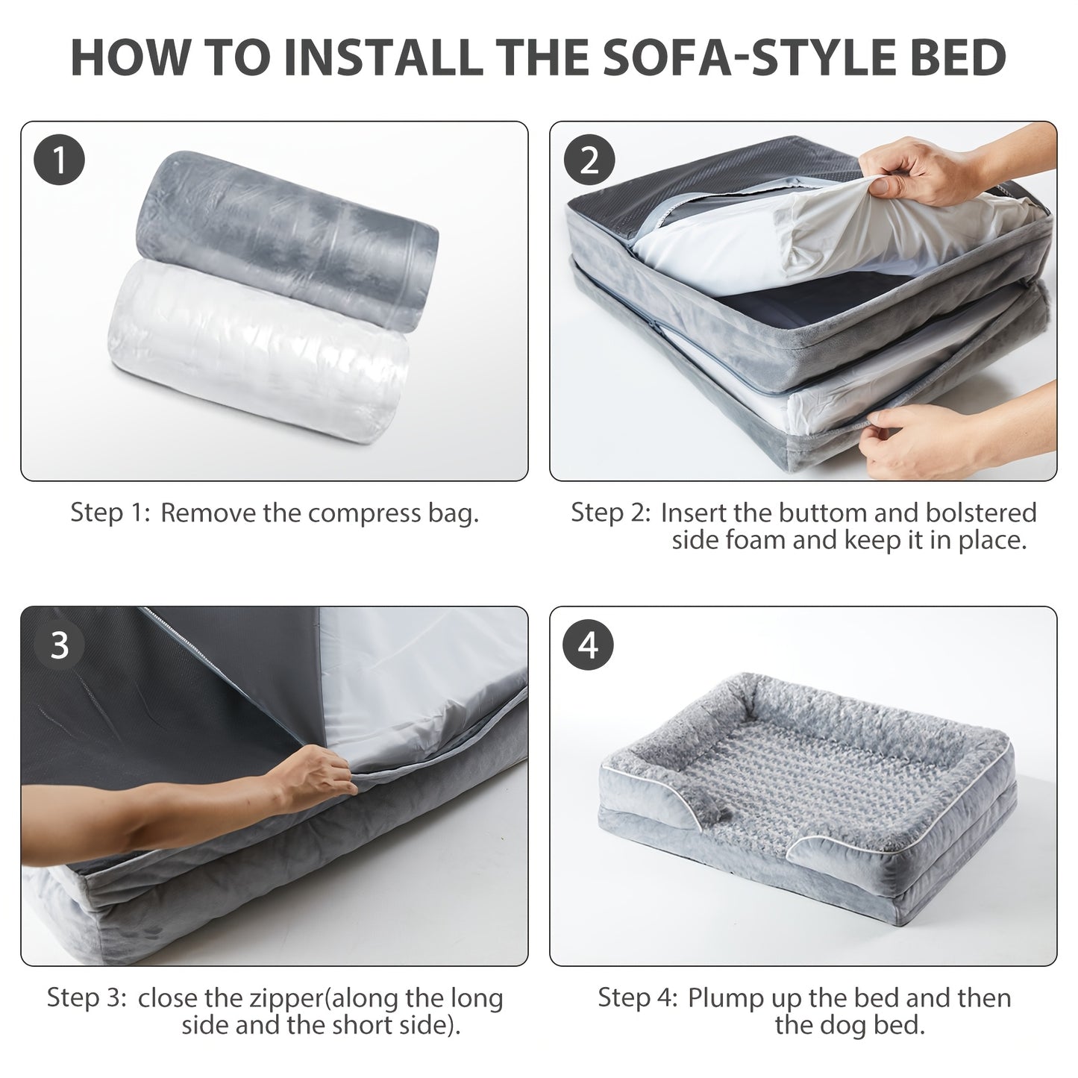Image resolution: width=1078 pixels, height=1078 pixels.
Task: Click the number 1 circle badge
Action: [59, 160]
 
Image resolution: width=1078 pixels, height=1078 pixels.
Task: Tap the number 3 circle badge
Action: [59, 645]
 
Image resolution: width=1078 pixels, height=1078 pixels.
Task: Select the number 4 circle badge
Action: [589, 645]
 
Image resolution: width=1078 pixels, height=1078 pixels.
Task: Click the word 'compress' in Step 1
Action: [364, 513]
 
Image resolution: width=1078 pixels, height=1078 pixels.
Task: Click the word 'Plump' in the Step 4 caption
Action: [725, 998]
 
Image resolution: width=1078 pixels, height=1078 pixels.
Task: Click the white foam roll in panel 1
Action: [258, 352]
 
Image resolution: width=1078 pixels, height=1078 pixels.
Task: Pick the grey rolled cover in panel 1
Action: [287, 240]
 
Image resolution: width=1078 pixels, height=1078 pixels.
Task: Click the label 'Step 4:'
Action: [638, 998]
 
